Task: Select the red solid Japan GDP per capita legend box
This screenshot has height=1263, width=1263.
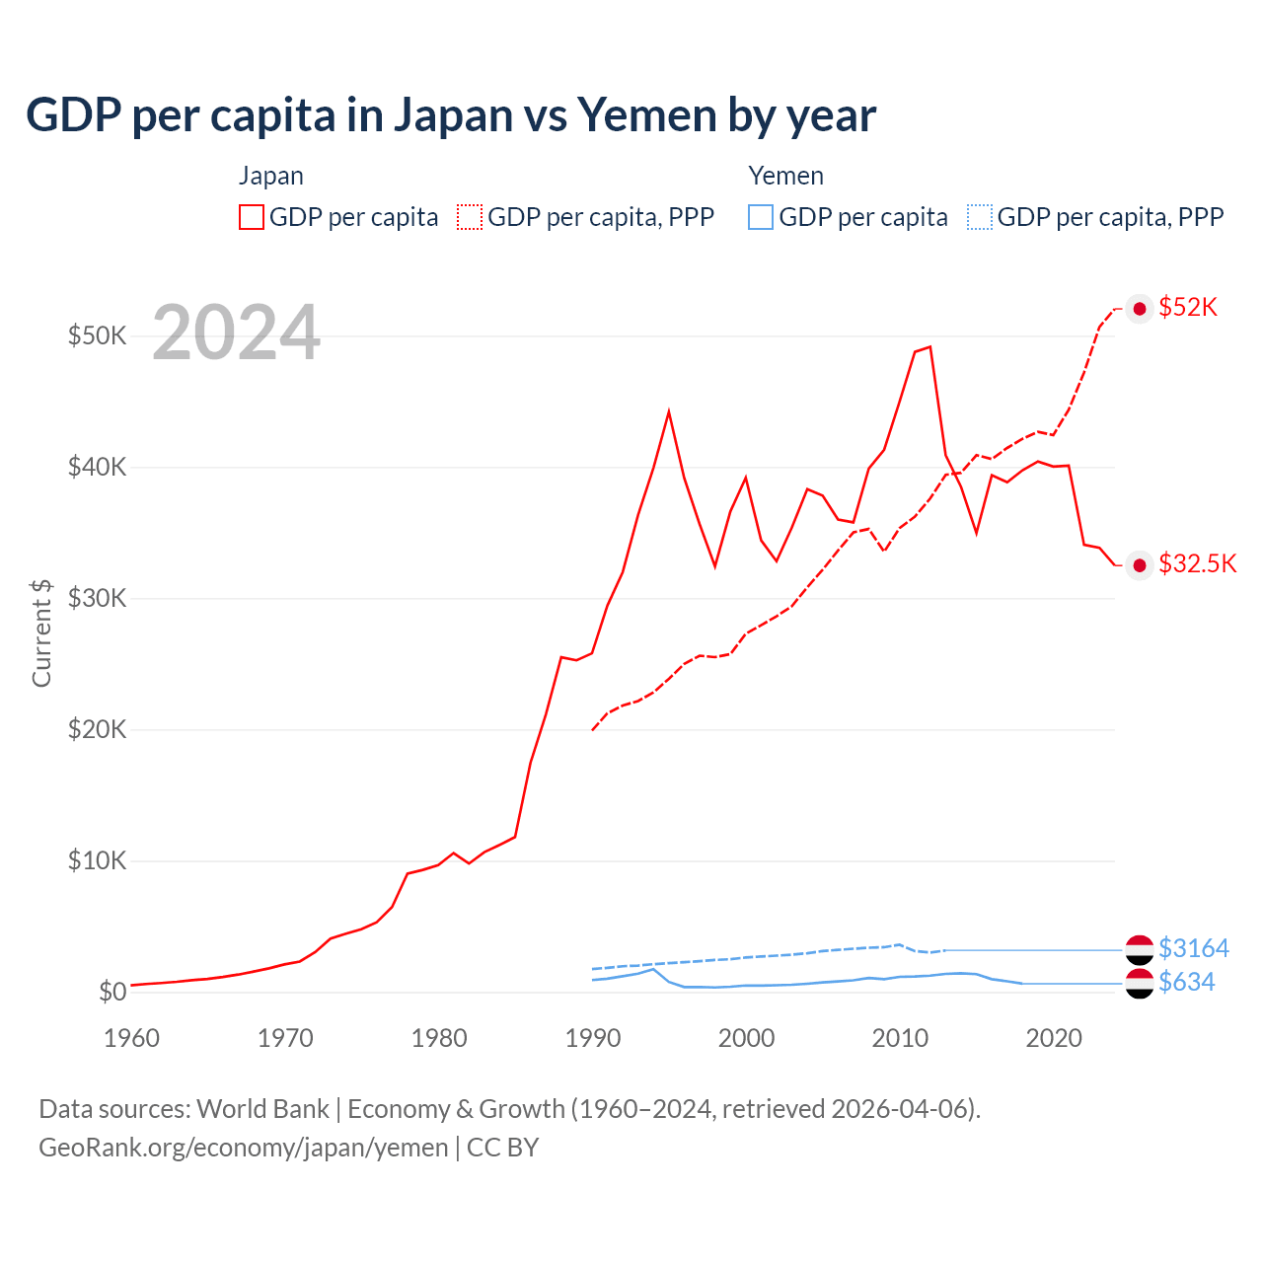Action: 252,217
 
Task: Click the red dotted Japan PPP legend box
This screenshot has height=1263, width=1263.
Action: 470,217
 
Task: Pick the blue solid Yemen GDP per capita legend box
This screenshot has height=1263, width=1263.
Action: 761,217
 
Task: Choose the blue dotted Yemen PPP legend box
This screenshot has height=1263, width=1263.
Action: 980,217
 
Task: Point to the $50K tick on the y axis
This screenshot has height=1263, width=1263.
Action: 97,335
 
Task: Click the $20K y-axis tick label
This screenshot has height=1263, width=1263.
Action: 97,729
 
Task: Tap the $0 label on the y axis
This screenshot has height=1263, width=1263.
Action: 112,992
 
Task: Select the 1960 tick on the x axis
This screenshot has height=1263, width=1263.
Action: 131,1038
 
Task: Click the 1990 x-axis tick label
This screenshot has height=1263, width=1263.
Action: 593,1038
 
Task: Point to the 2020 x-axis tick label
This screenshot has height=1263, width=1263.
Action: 1054,1038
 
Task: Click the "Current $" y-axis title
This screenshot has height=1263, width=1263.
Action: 41,632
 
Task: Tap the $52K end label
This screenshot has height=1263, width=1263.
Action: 1188,308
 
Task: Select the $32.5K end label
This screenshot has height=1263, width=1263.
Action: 1197,563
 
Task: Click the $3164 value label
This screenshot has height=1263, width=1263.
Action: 1194,948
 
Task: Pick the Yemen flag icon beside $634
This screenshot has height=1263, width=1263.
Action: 1140,984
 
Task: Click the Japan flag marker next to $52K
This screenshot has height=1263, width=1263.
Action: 1140,309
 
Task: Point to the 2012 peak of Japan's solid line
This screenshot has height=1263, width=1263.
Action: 929,346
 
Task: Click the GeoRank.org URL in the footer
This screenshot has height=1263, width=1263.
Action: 243,1148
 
